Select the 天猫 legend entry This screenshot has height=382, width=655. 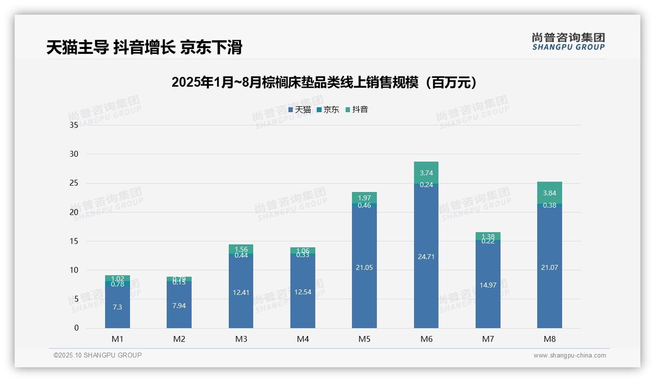click(x=300, y=110)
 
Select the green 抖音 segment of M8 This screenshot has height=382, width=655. click(x=549, y=192)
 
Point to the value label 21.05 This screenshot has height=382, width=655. click(x=364, y=267)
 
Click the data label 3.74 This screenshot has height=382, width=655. click(x=426, y=173)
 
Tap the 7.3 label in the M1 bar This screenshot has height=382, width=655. click(x=117, y=307)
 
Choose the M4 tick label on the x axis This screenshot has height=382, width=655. click(x=303, y=339)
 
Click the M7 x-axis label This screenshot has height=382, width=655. click(x=488, y=339)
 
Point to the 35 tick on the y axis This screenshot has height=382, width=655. click(x=74, y=125)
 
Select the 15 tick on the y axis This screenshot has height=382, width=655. click(x=74, y=241)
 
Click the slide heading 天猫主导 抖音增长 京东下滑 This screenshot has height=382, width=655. click(x=144, y=48)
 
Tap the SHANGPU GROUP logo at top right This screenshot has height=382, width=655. click(x=568, y=42)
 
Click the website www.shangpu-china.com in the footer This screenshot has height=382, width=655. click(x=569, y=356)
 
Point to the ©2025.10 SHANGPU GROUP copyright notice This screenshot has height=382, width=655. click(x=98, y=356)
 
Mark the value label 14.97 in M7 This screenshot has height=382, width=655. click(x=488, y=285)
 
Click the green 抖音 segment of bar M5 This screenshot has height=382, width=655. click(x=364, y=197)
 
